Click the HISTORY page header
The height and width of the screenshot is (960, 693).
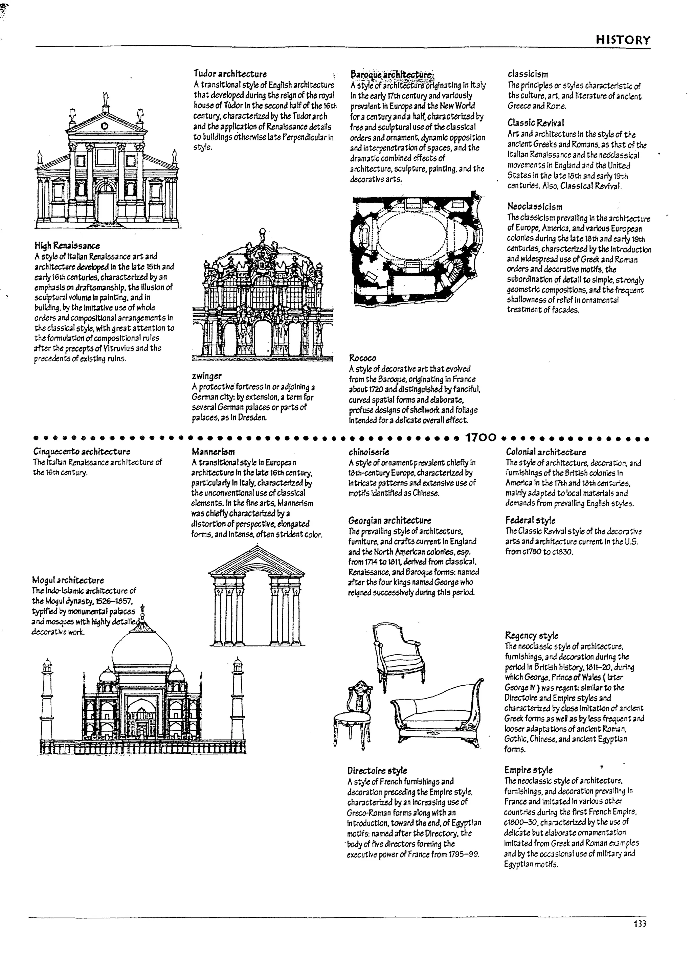[622, 40]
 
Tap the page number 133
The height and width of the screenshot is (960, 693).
[640, 924]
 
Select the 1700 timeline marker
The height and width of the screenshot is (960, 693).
[480, 438]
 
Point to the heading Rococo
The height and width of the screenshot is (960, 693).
[362, 358]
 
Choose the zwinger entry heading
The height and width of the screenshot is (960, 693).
[207, 376]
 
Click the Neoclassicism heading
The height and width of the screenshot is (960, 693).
[535, 207]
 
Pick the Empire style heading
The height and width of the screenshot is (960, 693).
[528, 770]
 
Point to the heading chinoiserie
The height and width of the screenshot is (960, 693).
[369, 452]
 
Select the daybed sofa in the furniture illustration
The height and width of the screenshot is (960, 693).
[438, 715]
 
